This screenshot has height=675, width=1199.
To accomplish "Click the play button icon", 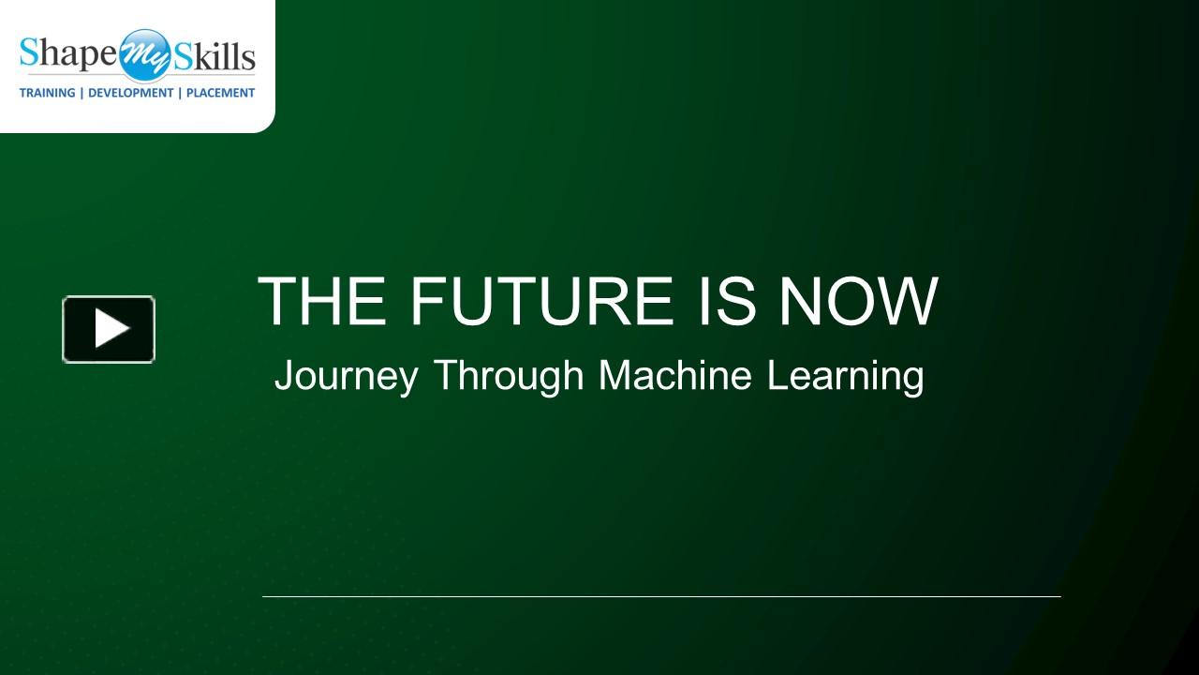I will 109,329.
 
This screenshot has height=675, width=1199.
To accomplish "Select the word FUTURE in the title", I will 541,301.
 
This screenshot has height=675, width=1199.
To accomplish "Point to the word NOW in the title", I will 858,301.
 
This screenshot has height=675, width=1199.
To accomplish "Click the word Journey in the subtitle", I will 346,377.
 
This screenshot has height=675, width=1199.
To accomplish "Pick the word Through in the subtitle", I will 509,377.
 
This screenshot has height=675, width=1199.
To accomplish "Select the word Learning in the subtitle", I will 846,377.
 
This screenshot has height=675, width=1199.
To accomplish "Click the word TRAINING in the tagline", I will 48,93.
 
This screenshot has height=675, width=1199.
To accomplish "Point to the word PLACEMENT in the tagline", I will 220,93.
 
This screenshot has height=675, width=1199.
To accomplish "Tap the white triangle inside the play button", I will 111,329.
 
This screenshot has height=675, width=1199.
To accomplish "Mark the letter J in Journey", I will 282,377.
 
